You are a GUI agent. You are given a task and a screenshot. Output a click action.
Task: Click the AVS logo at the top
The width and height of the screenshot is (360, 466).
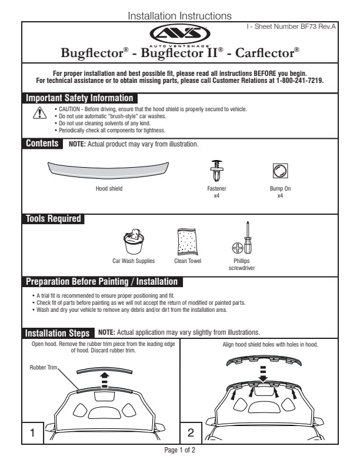pyautogui.click(x=179, y=33)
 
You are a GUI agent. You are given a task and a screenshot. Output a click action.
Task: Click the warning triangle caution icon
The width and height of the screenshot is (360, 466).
pyautogui.click(x=40, y=114)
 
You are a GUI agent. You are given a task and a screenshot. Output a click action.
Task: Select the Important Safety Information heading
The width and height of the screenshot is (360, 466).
pyautogui.click(x=80, y=98)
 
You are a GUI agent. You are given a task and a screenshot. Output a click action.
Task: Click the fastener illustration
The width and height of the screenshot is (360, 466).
pyautogui.click(x=216, y=171)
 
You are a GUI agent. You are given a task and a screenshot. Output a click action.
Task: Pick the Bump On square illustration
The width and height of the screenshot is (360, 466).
pyautogui.click(x=280, y=171)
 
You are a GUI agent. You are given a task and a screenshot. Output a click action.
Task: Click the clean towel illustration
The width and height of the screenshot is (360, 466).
pyautogui.click(x=188, y=241)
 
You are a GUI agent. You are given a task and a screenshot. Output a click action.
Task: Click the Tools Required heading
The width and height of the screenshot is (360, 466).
pyautogui.click(x=54, y=219)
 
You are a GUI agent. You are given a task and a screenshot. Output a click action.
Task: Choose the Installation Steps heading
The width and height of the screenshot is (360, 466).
pyautogui.click(x=58, y=332)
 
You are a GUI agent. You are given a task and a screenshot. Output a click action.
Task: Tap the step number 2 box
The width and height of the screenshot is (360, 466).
pyautogui.click(x=191, y=433)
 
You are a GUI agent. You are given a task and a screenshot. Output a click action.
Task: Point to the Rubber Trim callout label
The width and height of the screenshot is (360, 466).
pyautogui.click(x=45, y=367)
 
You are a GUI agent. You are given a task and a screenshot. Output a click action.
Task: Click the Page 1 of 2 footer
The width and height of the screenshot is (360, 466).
pyautogui.click(x=179, y=451)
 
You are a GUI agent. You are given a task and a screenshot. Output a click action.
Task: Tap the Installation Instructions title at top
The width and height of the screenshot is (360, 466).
pyautogui.click(x=179, y=16)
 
